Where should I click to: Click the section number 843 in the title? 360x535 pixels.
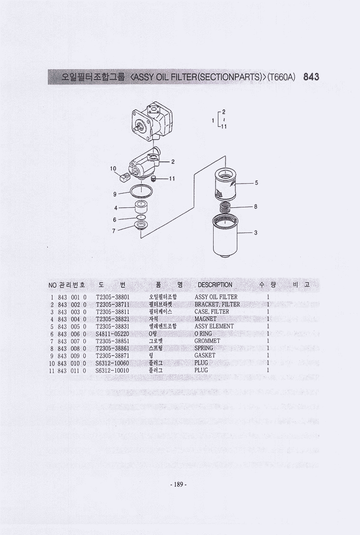pyautogui.click(x=311, y=77)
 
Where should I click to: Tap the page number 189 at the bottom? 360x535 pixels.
pyautogui.click(x=179, y=484)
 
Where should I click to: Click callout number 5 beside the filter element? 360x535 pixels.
pyautogui.click(x=256, y=183)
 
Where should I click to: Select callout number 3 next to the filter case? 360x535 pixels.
pyautogui.click(x=256, y=232)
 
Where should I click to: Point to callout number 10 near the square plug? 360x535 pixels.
pyautogui.click(x=113, y=168)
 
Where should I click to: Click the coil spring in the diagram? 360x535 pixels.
pyautogui.click(x=225, y=206)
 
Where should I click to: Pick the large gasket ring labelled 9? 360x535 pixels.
pyautogui.click(x=141, y=191)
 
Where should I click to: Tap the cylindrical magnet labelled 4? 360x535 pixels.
pyautogui.click(x=141, y=206)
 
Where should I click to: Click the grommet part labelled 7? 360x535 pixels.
pyautogui.click(x=141, y=225)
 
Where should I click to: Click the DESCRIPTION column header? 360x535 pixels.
pyautogui.click(x=215, y=285)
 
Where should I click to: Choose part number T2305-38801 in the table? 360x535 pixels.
pyautogui.click(x=112, y=297)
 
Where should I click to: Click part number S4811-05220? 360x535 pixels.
pyautogui.click(x=112, y=334)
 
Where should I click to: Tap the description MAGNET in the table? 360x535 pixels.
pyautogui.click(x=206, y=319)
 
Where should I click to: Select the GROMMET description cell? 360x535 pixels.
pyautogui.click(x=207, y=341)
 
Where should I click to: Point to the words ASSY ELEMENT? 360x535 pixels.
pyautogui.click(x=214, y=327)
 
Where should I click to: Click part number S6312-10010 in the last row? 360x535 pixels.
pyautogui.click(x=112, y=370)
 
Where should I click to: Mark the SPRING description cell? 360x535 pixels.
pyautogui.click(x=204, y=348)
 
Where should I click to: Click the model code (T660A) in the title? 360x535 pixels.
pyautogui.click(x=281, y=77)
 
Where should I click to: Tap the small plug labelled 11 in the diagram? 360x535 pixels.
pyautogui.click(x=153, y=179)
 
